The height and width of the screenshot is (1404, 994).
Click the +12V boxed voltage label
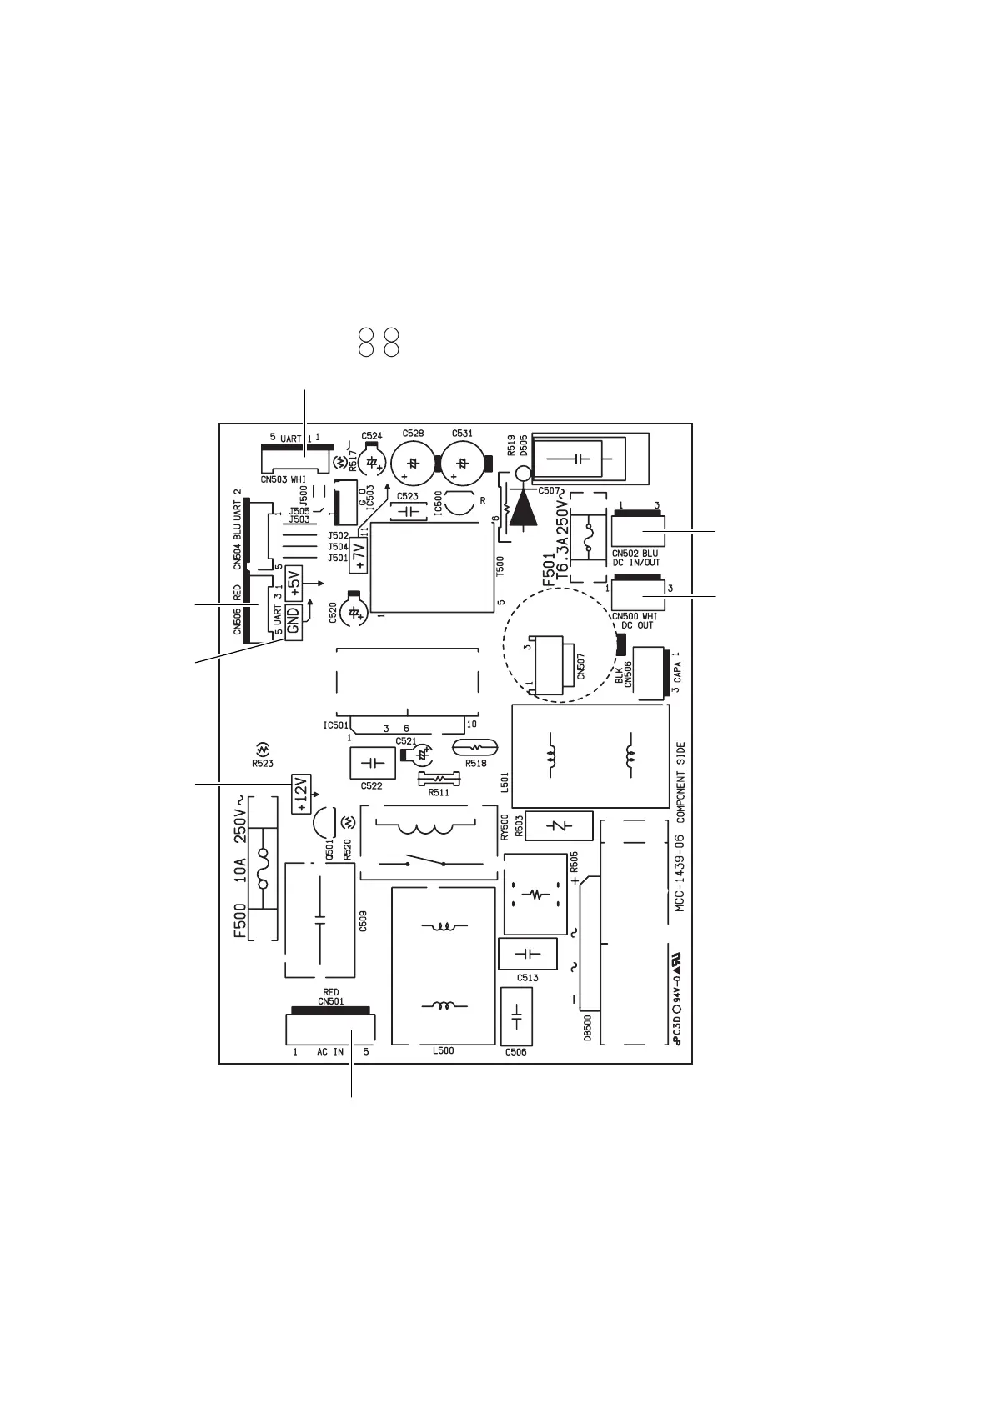coord(300,793)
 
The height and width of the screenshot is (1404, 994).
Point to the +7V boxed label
coord(359,554)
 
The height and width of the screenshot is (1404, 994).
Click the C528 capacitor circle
coord(413,461)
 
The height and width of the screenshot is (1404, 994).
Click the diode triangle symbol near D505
coord(523,508)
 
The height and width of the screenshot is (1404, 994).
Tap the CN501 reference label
coord(330,1001)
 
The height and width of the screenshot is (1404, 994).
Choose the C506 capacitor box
coord(515,1017)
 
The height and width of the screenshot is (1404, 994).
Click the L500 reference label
coord(443,1051)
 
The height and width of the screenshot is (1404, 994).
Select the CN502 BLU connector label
coord(635,554)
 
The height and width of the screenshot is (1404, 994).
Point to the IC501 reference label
coord(335,725)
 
